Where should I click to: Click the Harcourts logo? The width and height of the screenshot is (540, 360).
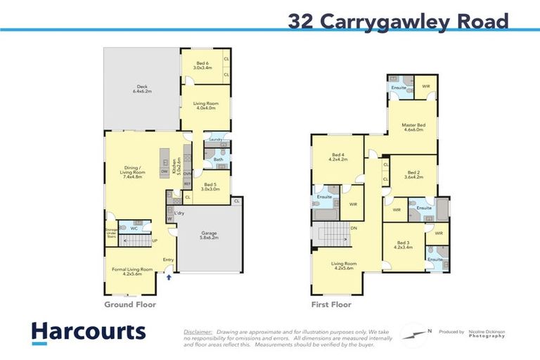click(x=88, y=332)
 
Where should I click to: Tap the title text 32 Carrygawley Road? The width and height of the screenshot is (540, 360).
click(x=398, y=22)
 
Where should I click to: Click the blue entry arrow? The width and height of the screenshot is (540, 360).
click(x=168, y=277)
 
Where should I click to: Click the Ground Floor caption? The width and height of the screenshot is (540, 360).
click(x=130, y=305)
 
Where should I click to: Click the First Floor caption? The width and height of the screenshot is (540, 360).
click(x=331, y=305)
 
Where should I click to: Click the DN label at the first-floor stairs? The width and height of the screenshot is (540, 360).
click(x=354, y=227)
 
